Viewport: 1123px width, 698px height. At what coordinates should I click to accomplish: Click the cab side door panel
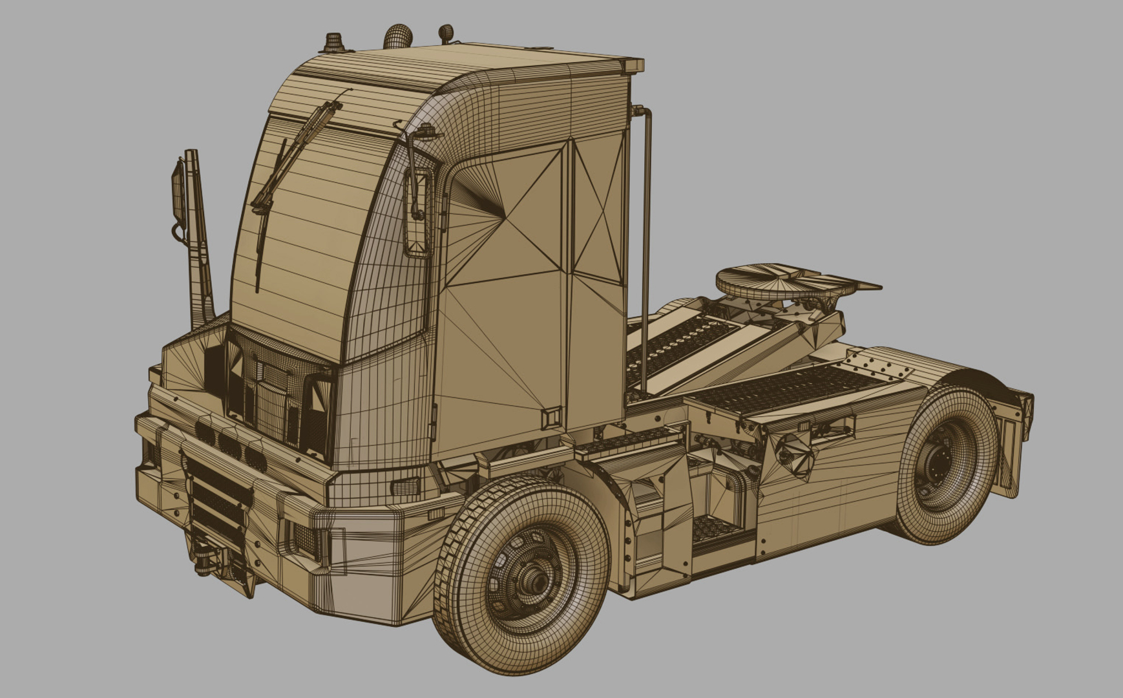pos(504,291)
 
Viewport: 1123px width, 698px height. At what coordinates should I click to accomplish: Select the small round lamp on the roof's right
pos(446,32)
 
